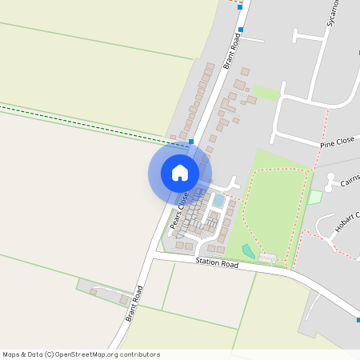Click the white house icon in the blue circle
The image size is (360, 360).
click(x=180, y=173)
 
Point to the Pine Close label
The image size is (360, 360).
click(x=337, y=142)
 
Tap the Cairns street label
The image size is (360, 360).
click(x=349, y=181)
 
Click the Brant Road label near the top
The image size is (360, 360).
click(x=233, y=50)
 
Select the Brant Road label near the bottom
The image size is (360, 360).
click(x=134, y=304)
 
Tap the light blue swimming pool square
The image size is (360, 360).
click(x=218, y=200)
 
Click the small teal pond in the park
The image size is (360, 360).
click(x=249, y=251)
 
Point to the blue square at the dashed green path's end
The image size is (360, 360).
click(x=190, y=141)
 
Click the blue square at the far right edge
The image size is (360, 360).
click(x=358, y=320)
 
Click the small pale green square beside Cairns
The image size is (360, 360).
click(x=315, y=196)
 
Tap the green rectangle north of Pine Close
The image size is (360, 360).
click(x=267, y=94)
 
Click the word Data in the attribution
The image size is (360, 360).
click(x=33, y=354)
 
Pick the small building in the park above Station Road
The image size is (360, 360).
click(x=267, y=258)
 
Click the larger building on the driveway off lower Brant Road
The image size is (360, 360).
click(x=105, y=292)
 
